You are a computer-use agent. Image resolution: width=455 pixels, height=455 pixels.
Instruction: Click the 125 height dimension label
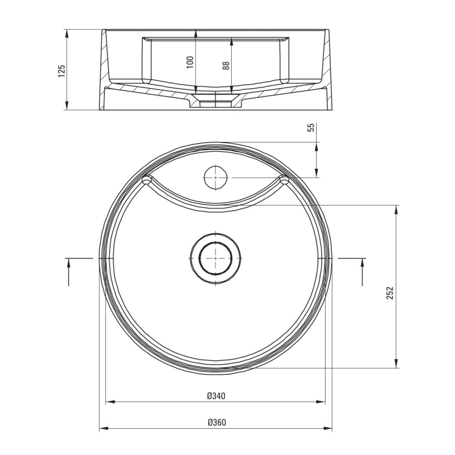(62, 71)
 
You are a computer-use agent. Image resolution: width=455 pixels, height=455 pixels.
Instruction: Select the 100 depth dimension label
(190, 62)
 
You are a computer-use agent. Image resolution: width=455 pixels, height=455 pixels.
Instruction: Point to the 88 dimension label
(226, 66)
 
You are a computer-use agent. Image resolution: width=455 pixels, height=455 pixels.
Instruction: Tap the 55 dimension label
(310, 127)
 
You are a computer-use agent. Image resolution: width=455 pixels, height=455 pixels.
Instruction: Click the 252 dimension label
(389, 292)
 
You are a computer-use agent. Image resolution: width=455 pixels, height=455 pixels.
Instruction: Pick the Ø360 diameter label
(215, 422)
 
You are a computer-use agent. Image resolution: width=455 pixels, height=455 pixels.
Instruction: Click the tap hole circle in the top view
(215, 178)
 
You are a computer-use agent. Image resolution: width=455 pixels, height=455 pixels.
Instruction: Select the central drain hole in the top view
(215, 258)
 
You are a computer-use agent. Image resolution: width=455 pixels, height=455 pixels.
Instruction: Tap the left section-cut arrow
(69, 272)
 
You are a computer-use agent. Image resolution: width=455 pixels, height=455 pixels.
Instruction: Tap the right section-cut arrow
(362, 272)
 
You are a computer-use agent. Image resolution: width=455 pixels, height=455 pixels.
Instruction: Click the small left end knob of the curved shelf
(147, 180)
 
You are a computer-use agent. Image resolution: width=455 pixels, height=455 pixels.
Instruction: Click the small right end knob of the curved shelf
(285, 180)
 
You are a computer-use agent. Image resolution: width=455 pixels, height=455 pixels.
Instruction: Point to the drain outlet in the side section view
(215, 101)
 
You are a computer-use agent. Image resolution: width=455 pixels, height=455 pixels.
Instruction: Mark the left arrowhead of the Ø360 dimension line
(103, 429)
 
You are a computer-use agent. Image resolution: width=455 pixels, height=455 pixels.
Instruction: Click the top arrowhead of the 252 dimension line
(396, 209)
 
